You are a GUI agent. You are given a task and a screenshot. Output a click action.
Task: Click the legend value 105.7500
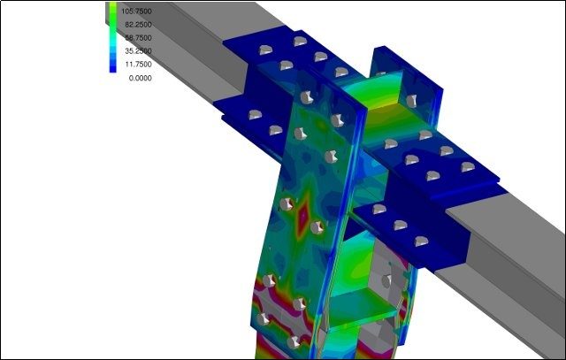click(x=136, y=11)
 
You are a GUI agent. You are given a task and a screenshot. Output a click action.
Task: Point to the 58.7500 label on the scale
click(x=138, y=38)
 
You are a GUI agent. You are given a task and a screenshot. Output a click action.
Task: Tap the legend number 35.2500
click(x=138, y=51)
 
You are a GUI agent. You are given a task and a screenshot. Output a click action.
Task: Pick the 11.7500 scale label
click(x=138, y=65)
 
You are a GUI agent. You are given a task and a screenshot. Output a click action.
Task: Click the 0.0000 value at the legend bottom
click(x=140, y=78)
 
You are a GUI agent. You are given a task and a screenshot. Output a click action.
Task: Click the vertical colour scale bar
click(x=112, y=37)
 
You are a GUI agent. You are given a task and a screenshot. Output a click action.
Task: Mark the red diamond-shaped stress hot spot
click(x=302, y=215)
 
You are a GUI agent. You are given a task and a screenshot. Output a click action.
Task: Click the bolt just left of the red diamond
click(x=287, y=204)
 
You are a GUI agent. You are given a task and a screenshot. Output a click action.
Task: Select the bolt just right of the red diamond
click(x=317, y=227)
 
